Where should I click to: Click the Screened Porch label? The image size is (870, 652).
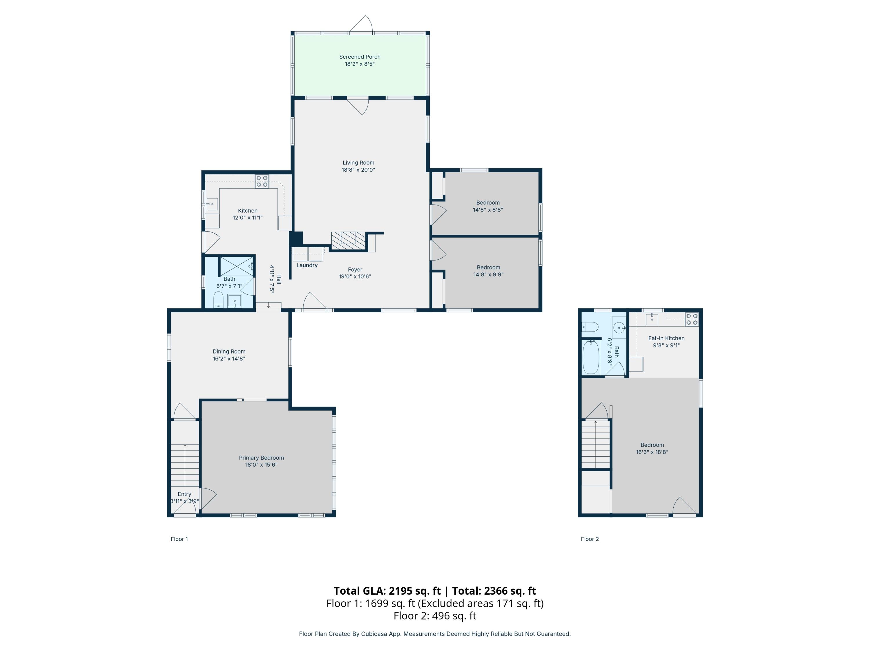coord(360,57)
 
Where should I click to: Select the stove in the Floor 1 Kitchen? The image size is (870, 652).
coord(262,181)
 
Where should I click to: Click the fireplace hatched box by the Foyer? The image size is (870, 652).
coord(349,241)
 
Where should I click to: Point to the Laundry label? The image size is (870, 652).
coord(307,265)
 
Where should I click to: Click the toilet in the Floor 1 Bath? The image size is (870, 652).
coord(218,300)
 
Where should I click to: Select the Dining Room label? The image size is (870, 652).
coord(229,351)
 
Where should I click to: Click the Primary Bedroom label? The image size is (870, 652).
coord(261,458)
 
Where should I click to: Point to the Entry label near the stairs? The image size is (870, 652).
coord(184,494)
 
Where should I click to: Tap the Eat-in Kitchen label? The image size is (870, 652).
coord(666,338)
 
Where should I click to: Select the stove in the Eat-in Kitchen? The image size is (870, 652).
coord(691,319)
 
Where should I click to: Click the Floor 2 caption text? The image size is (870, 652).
coord(589,539)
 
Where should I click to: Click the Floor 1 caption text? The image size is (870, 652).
coord(179,539)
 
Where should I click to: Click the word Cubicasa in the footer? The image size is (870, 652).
coord(373,633)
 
